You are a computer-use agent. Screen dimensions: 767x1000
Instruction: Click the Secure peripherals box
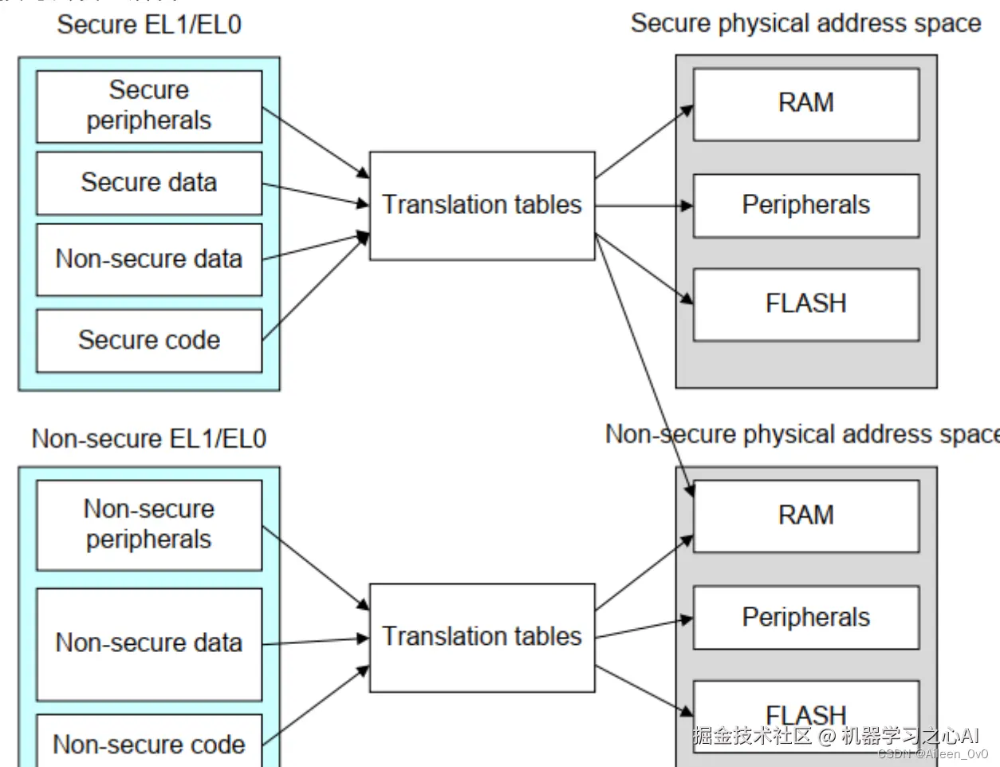[149, 106]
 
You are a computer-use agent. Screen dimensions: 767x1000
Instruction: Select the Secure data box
[149, 183]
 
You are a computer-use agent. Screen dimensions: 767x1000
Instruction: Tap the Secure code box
[149, 340]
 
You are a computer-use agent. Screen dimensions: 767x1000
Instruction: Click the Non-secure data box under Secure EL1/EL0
[149, 259]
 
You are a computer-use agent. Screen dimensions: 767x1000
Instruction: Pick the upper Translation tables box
[482, 205]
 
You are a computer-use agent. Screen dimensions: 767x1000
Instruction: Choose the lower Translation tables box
[482, 637]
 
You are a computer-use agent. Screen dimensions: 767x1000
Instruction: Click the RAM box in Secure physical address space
[805, 104]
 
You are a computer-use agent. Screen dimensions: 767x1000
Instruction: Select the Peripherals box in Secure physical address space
[805, 205]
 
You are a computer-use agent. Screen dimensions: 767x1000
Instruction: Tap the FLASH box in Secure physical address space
[805, 304]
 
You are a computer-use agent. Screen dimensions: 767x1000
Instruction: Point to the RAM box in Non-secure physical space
[805, 516]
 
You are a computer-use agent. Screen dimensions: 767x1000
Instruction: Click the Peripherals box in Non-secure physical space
[805, 618]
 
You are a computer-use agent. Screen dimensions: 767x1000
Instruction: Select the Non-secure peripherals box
[149, 524]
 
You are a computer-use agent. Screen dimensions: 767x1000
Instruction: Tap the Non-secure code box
[149, 744]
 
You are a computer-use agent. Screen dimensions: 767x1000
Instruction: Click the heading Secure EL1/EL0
[149, 25]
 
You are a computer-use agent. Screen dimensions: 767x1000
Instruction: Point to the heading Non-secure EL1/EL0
[149, 438]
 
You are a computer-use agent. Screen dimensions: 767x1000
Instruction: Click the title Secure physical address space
[805, 23]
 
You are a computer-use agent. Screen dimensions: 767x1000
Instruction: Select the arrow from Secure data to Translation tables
[315, 195]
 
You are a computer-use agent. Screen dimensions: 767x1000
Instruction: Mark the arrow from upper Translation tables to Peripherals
[643, 206]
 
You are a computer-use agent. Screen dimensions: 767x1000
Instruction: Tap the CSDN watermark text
[933, 753]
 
